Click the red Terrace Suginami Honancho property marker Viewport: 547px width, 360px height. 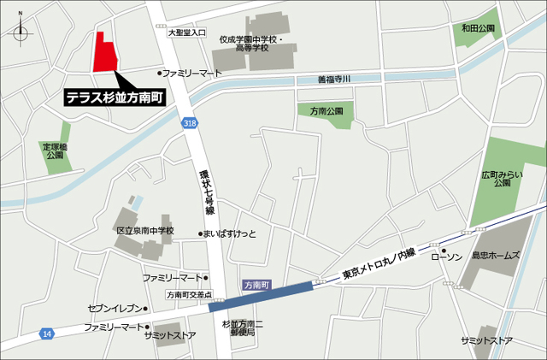tap(104, 53)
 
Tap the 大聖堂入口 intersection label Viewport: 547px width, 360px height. tap(187, 32)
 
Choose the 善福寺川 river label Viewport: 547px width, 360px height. tap(335, 80)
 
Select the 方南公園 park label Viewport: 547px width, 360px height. tap(326, 111)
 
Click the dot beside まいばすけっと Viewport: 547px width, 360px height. tap(200, 233)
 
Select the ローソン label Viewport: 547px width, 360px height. tap(447, 256)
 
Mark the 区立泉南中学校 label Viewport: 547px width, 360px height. tap(144, 231)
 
